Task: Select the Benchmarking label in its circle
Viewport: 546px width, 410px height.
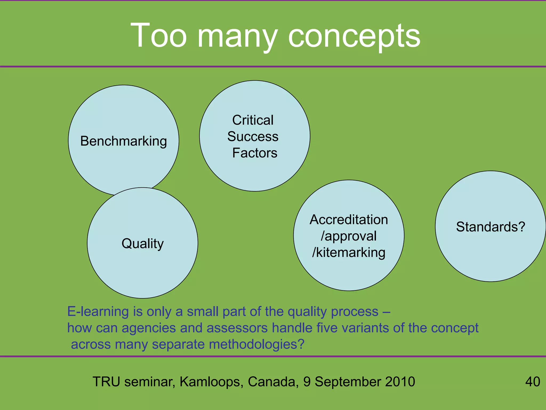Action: click(123, 141)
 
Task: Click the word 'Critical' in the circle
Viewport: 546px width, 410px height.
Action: click(253, 120)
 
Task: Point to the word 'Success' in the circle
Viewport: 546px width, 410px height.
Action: click(253, 136)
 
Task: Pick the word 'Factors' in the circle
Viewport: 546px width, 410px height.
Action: click(255, 153)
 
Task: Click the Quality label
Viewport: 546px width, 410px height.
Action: click(143, 243)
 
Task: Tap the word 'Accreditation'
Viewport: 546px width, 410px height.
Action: click(349, 220)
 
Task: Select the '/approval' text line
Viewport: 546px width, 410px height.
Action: click(349, 236)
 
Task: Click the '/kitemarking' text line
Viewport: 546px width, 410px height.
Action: click(349, 253)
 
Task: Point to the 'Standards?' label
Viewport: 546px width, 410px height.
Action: click(491, 227)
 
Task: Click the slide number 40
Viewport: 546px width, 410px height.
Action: click(532, 382)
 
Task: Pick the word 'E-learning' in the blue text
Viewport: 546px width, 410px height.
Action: click(98, 312)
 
